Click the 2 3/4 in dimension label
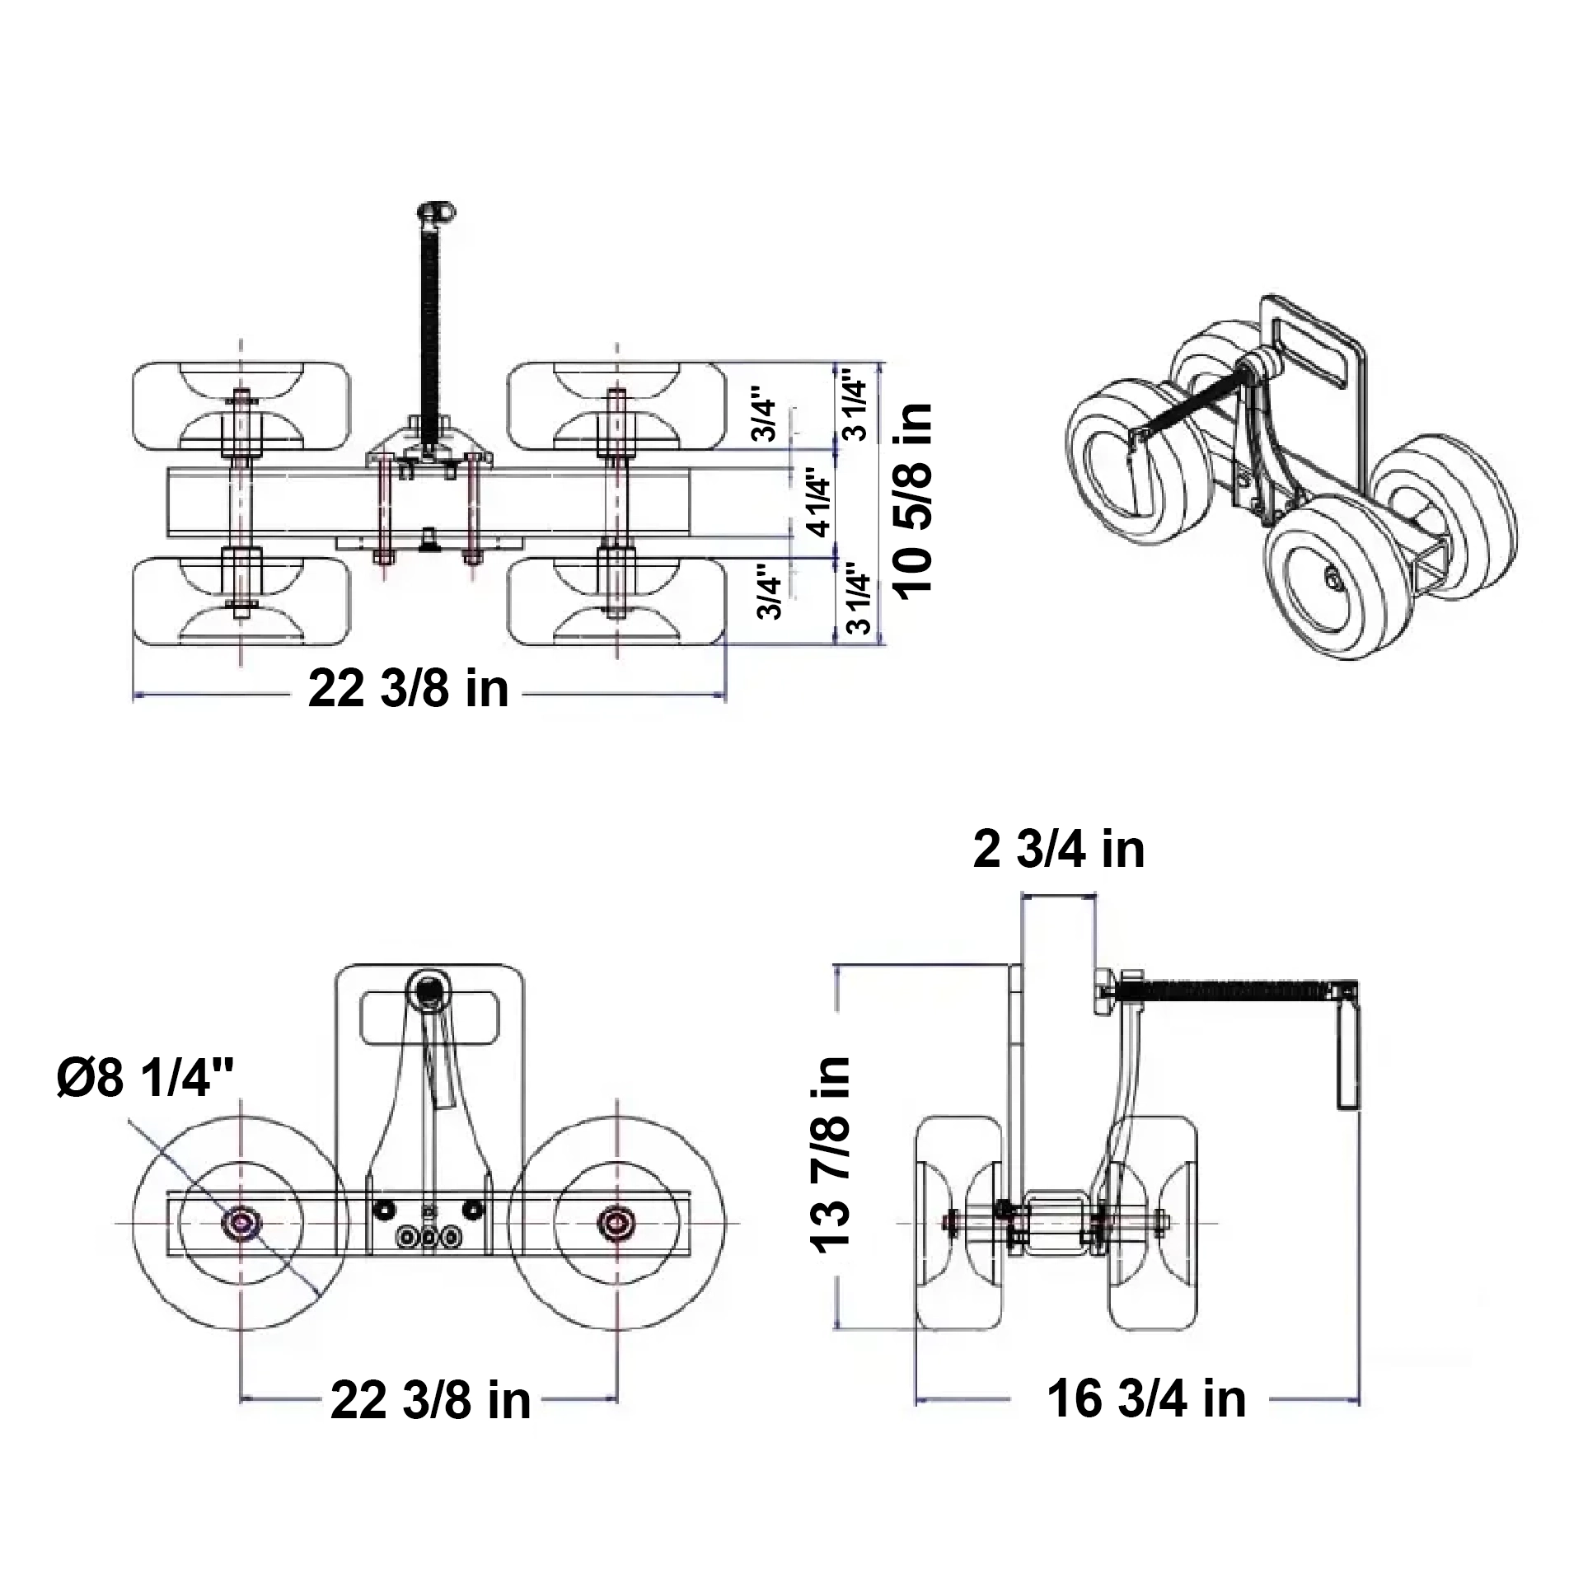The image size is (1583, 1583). click(x=1059, y=850)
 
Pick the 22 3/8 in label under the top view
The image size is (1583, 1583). click(x=409, y=688)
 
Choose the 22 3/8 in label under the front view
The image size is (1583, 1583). click(x=430, y=1399)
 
